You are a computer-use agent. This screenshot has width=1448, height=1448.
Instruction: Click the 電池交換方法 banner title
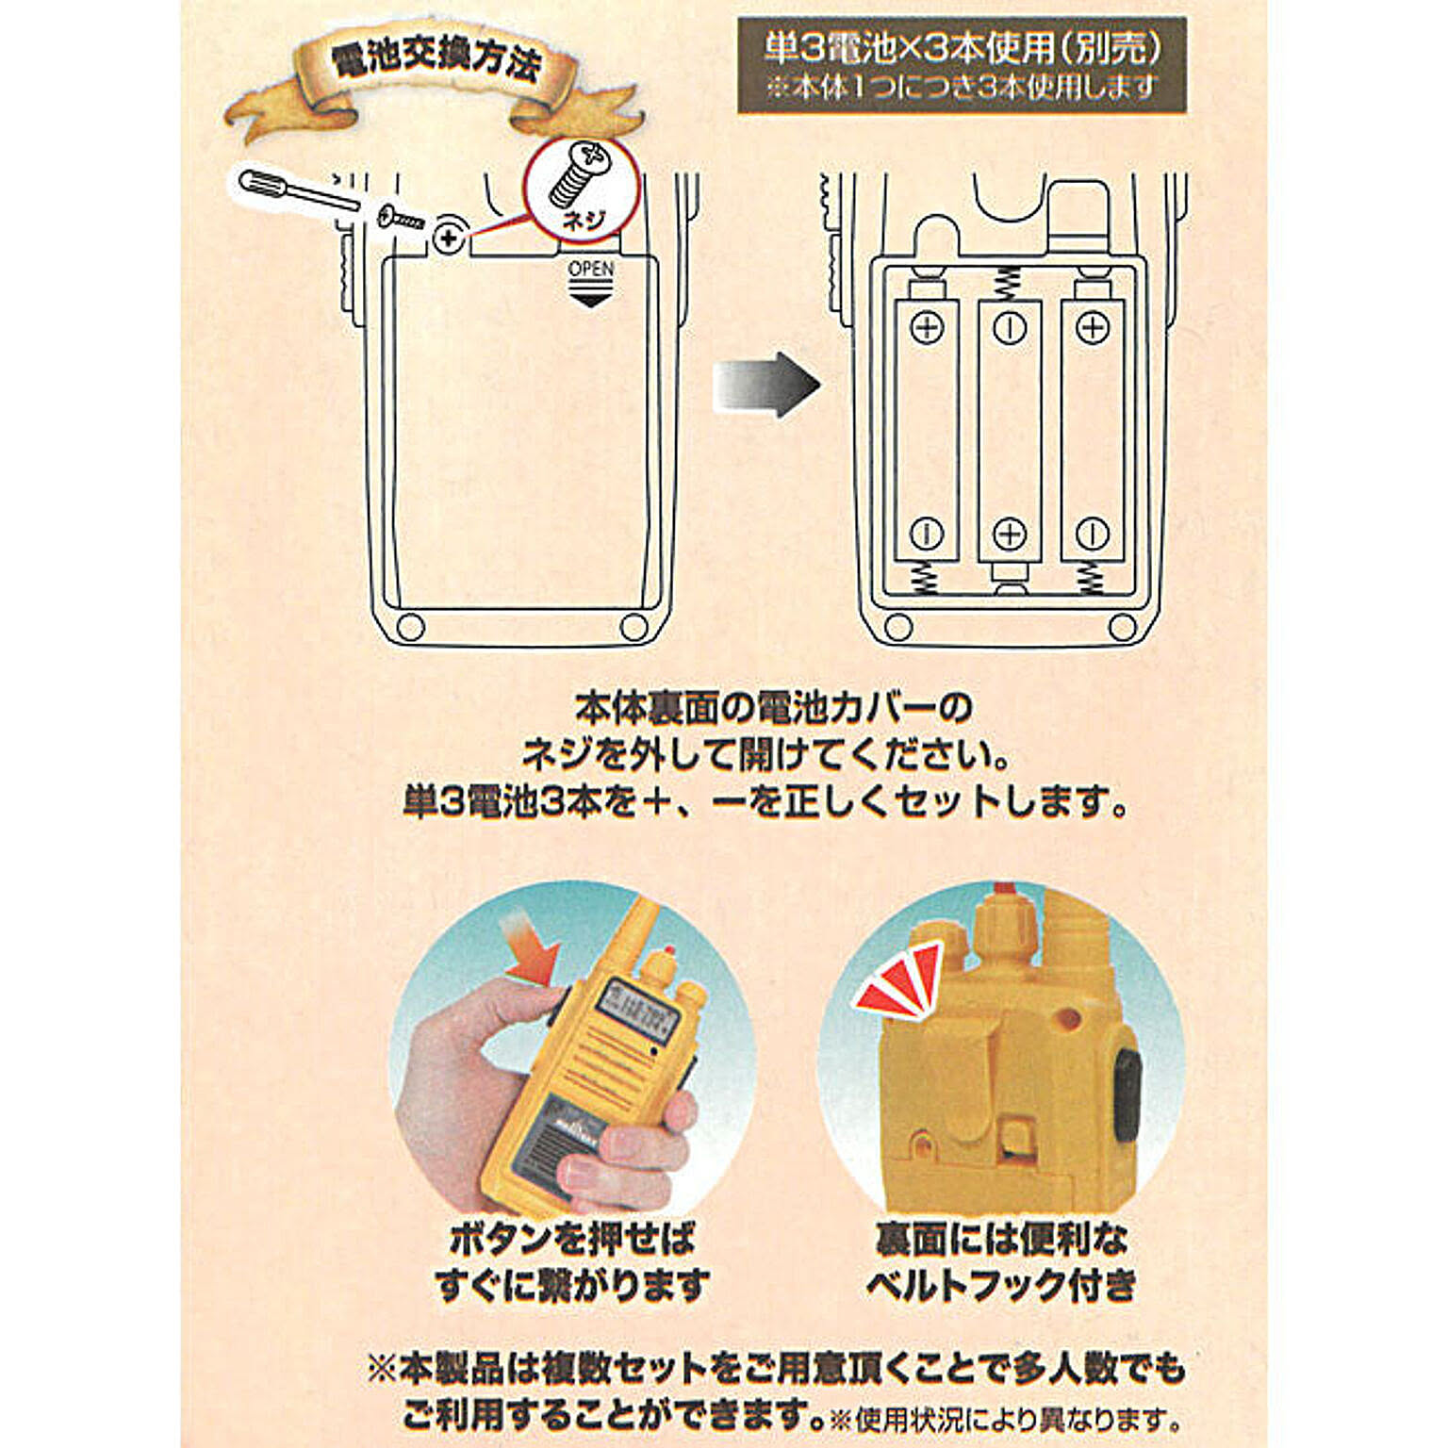(436, 61)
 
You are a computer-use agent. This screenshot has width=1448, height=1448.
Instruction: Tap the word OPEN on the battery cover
(591, 269)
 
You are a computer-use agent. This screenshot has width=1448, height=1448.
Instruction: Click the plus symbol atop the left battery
(927, 327)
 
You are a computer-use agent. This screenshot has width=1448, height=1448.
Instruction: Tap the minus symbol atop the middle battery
(1010, 327)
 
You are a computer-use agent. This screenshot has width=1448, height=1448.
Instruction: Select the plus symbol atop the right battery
(1093, 327)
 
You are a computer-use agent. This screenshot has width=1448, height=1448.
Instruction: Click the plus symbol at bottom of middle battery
(1010, 534)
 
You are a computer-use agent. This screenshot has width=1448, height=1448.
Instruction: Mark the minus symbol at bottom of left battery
(927, 534)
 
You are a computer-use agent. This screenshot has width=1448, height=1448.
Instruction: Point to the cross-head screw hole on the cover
(450, 237)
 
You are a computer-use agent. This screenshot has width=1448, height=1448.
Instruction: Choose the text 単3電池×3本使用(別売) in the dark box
(962, 48)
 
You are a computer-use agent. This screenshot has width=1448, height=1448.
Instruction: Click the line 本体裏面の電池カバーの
(773, 707)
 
